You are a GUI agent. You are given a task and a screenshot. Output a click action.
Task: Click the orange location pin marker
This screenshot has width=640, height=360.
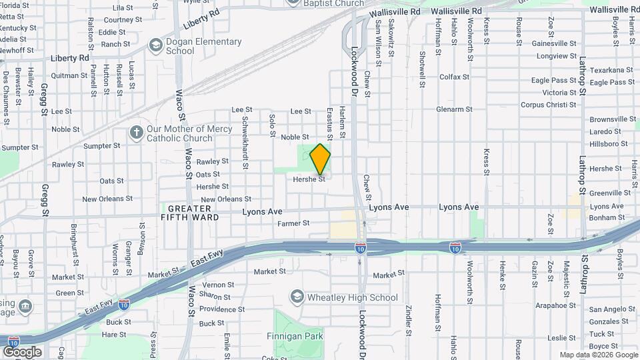[x=321, y=159]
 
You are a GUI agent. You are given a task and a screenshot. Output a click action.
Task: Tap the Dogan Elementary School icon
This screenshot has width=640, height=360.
[x=155, y=45]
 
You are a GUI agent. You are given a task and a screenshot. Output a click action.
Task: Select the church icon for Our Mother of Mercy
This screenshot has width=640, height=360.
[x=137, y=133]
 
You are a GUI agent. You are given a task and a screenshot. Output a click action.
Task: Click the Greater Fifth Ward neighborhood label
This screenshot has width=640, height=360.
[x=190, y=213]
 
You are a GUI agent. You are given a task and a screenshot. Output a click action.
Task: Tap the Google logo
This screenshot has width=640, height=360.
[x=22, y=351]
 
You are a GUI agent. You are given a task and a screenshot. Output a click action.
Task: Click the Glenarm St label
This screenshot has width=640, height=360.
[x=454, y=109]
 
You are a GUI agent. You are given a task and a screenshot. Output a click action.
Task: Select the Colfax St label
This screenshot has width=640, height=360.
[x=455, y=77]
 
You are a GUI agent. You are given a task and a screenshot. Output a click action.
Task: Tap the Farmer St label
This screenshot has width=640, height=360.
[x=293, y=223]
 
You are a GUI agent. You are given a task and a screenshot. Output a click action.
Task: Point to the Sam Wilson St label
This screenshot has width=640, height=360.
[x=378, y=43]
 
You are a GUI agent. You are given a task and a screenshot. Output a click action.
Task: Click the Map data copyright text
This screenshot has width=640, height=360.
[x=597, y=355]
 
